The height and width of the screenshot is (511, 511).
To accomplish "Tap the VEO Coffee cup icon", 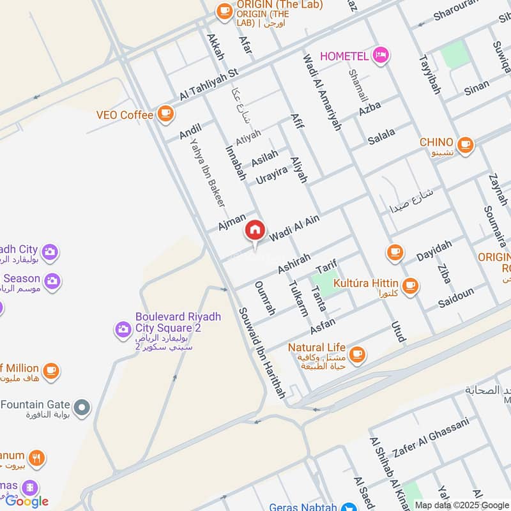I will click(165, 114).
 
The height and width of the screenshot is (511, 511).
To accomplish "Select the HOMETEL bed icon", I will click(381, 56).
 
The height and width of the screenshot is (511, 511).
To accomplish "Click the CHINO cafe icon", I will click(466, 142).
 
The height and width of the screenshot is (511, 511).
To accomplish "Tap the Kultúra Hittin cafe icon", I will click(410, 285).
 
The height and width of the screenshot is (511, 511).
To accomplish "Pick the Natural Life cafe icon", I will click(356, 353).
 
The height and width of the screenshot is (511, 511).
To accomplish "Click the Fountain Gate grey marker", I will click(82, 406).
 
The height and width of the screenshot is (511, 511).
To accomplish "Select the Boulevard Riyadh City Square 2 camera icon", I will click(122, 329).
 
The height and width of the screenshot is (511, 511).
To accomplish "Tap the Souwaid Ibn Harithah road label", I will click(261, 353).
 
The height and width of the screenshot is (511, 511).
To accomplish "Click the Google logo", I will click(27, 501).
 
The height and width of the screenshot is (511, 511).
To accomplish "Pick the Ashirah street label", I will click(294, 263).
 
